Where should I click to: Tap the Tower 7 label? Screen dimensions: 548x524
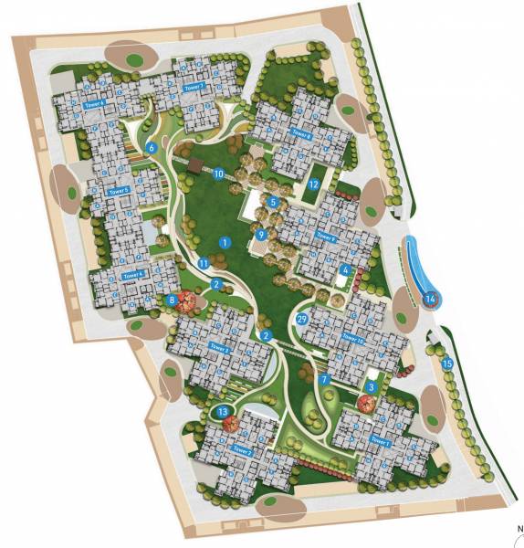[x=192, y=87]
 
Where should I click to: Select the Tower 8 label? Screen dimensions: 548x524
[x=302, y=133]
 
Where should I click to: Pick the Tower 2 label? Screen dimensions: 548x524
[x=241, y=450]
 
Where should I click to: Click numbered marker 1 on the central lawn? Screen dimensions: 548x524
[x=224, y=242]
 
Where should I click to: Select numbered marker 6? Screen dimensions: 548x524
[x=152, y=147]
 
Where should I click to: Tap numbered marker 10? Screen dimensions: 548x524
[x=219, y=173]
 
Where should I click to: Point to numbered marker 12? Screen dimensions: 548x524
[x=312, y=184]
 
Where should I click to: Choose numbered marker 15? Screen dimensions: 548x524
[x=446, y=364]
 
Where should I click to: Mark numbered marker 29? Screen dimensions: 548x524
[x=302, y=318]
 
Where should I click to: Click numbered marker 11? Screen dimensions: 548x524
[x=204, y=263]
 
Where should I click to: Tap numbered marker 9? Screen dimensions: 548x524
[x=261, y=235]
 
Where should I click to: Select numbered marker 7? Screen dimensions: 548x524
[x=323, y=378]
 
